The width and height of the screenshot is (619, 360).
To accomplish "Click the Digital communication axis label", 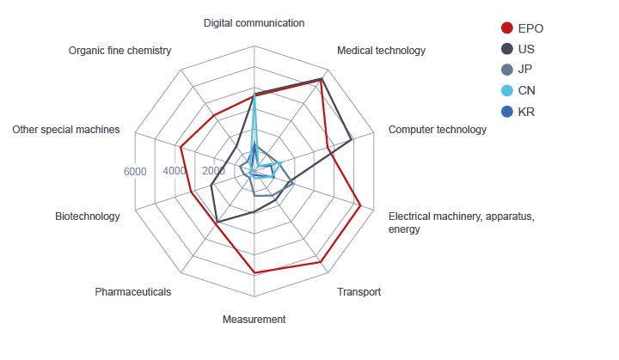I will (254, 22).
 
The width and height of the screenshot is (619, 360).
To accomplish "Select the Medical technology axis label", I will (381, 51).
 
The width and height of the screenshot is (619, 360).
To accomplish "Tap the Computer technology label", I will (437, 130).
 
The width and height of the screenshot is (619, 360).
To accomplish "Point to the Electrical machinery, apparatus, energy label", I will (461, 223).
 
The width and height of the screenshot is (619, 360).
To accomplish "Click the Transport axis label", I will (359, 292).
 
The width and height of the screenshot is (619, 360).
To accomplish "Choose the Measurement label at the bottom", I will (254, 320).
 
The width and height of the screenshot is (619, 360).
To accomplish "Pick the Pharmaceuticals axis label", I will (132, 292).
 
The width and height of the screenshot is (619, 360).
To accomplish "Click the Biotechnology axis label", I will (87, 217).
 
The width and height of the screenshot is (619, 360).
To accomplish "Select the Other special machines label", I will (65, 130).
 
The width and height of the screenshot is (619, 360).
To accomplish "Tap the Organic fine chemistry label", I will (120, 51).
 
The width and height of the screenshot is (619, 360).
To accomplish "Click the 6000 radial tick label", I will (135, 172).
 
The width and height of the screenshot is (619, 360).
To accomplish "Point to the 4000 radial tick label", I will (175, 172).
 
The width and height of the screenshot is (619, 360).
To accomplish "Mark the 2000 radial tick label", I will (214, 172).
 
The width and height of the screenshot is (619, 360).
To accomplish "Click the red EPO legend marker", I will (507, 28).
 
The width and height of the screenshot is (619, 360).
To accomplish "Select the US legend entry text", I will (526, 49).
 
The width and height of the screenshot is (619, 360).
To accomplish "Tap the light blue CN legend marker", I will (507, 90).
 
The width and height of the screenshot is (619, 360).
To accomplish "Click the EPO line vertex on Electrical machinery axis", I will (359, 206).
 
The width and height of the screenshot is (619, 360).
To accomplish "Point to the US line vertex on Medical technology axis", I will (321, 79).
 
